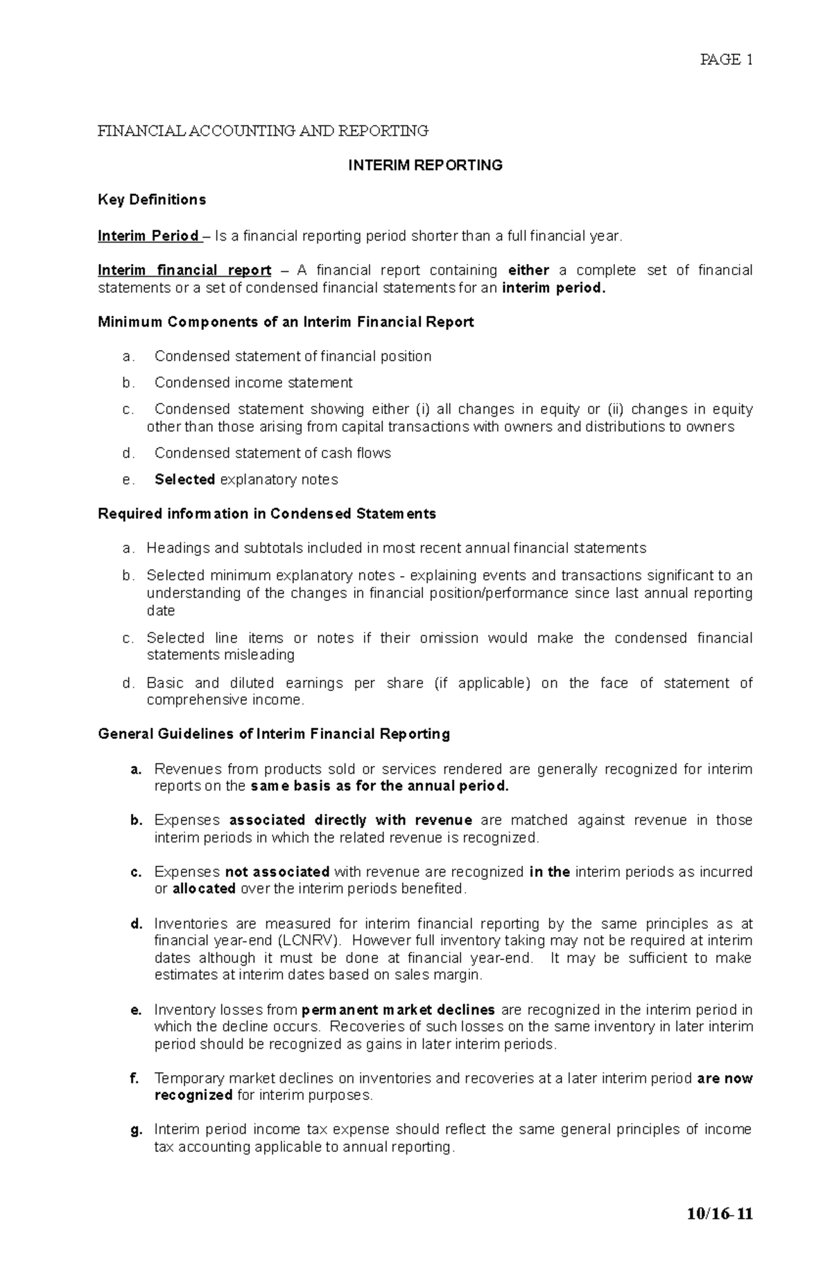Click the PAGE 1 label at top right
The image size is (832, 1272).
pyautogui.click(x=726, y=60)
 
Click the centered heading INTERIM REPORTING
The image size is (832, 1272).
pyautogui.click(x=425, y=166)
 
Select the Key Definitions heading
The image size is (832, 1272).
pyautogui.click(x=152, y=200)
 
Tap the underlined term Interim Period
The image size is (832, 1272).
pyautogui.click(x=148, y=236)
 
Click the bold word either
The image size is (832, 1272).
pyautogui.click(x=528, y=270)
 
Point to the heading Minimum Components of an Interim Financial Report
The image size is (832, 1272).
pyautogui.click(x=286, y=322)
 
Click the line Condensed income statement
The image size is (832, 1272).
pyautogui.click(x=253, y=383)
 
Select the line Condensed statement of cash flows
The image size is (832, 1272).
pyautogui.click(x=272, y=453)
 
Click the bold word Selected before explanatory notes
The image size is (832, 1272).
pyautogui.click(x=184, y=480)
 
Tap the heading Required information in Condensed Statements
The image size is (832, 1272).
pyautogui.click(x=267, y=514)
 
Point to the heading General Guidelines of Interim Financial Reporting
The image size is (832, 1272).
pyautogui.click(x=274, y=734)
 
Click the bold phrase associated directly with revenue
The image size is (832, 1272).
pyautogui.click(x=350, y=821)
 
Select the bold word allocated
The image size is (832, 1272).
pyautogui.click(x=204, y=889)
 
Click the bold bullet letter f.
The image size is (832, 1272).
pyautogui.click(x=135, y=1079)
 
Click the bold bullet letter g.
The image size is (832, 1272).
pyautogui.click(x=136, y=1130)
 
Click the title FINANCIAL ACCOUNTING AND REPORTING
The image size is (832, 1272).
pyautogui.click(x=263, y=131)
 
